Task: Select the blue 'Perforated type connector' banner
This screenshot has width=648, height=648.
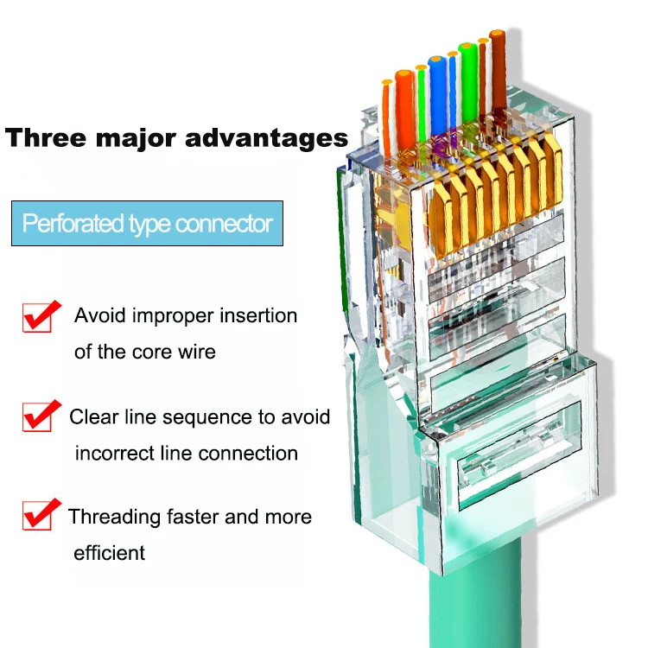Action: pos(148,224)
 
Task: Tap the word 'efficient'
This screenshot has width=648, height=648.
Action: pos(110,553)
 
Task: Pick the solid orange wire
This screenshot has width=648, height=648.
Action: pos(404,104)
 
